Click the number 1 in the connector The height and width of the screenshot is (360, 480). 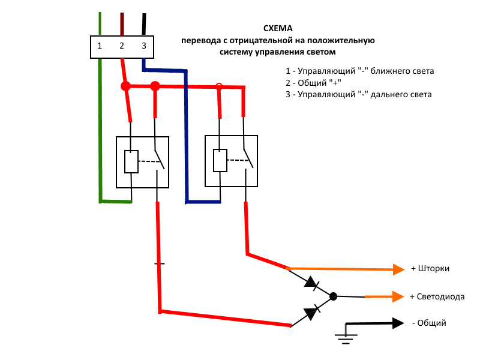pos(100,46)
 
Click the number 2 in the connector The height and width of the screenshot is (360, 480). pos(122,46)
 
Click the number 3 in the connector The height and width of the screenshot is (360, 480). pos(143,46)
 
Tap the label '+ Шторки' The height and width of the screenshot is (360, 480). pos(430,269)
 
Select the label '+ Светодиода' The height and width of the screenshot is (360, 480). pos(437,296)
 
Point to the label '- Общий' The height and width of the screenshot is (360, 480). pos(429,323)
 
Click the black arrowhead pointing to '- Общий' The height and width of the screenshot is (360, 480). pos(398,323)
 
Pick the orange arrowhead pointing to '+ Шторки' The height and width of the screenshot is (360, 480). pos(399,269)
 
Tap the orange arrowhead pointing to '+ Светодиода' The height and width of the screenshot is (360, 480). pos(397,296)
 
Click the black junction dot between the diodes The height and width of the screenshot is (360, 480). pos(334,296)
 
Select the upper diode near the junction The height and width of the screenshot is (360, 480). pos(311,282)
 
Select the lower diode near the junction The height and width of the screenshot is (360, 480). pos(311,312)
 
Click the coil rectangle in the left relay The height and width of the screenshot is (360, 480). pos(131,161)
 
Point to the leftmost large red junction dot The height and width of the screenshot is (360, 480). pos(125,86)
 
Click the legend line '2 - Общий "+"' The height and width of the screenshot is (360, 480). pos(313,83)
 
